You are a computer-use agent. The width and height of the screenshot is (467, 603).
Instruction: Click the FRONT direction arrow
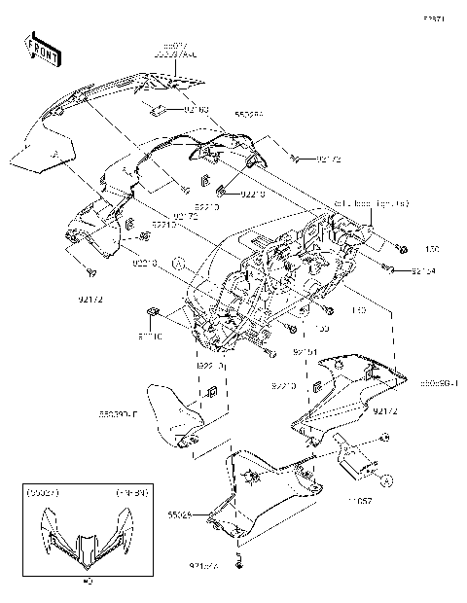click(x=41, y=47)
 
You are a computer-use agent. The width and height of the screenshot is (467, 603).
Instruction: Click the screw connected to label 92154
click(x=387, y=266)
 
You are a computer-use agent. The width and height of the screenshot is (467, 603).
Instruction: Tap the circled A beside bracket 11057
click(x=387, y=479)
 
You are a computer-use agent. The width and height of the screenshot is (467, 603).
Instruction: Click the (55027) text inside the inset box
click(x=44, y=493)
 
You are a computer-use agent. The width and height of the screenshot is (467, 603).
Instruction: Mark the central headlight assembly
click(x=272, y=282)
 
